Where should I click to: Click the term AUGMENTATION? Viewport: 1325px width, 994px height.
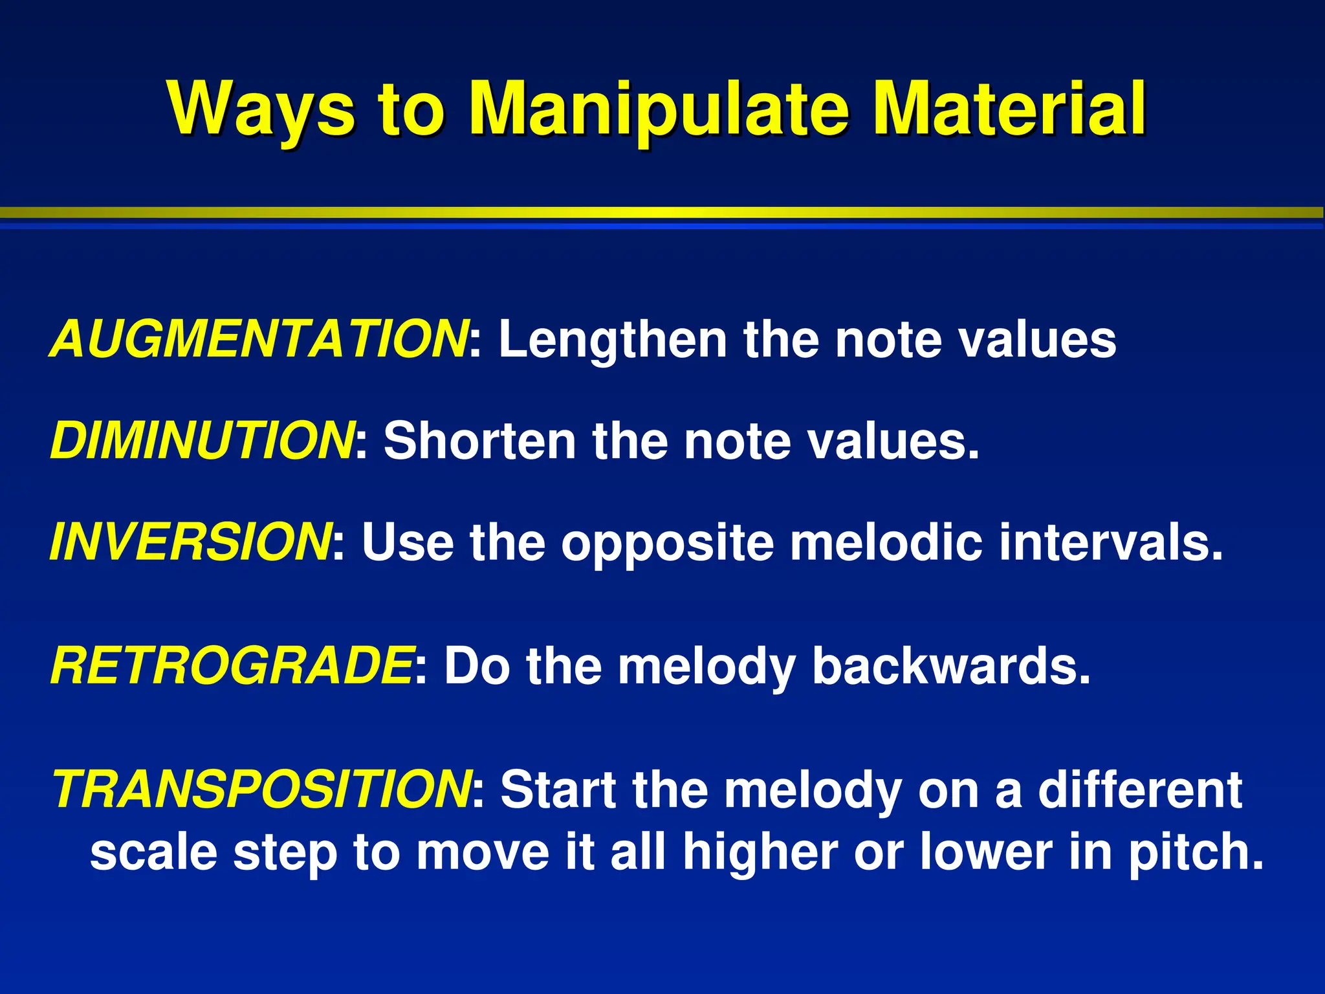click(259, 339)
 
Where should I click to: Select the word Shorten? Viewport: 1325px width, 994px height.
click(479, 441)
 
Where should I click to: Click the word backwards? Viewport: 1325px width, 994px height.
click(951, 667)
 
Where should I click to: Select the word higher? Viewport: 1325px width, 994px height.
click(760, 853)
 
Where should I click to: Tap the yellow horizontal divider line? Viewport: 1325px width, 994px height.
click(662, 212)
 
